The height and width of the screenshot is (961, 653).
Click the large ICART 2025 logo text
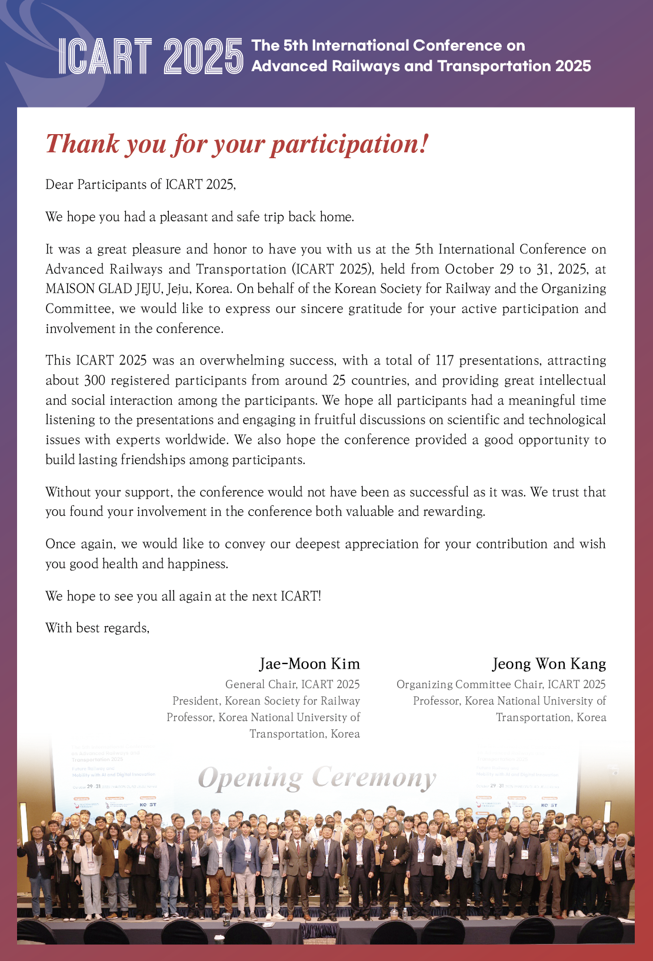pyautogui.click(x=151, y=56)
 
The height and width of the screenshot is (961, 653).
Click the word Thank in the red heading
pyautogui.click(x=82, y=144)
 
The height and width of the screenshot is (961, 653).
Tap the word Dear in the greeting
pyautogui.click(x=59, y=185)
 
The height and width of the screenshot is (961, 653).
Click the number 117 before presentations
pyautogui.click(x=444, y=361)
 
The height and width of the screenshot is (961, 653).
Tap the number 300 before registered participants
pyautogui.click(x=95, y=381)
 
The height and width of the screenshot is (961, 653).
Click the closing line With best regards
pyautogui.click(x=98, y=628)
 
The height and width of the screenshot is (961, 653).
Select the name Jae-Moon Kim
pyautogui.click(x=309, y=664)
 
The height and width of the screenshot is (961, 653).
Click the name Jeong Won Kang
pyautogui.click(x=549, y=664)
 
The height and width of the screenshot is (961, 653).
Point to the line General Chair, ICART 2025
pyautogui.click(x=292, y=685)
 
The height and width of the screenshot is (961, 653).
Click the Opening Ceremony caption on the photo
pyautogui.click(x=317, y=778)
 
